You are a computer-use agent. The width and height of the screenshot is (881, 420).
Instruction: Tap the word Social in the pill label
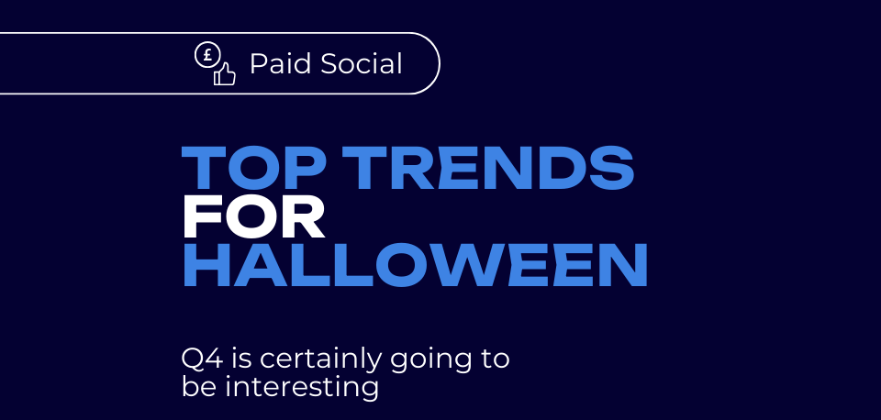pos(362,63)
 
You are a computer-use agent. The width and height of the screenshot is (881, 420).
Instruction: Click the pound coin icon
pos(206,55)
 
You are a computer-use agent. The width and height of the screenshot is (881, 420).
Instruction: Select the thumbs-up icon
pos(224,74)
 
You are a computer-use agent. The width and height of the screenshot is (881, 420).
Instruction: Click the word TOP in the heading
pos(256,167)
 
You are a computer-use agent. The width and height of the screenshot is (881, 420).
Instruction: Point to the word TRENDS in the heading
pos(487,167)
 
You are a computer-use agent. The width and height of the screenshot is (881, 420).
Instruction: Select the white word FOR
pos(253,216)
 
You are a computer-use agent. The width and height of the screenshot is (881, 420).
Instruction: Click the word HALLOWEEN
pos(415,265)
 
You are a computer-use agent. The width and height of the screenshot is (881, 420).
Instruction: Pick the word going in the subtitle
pos(431,360)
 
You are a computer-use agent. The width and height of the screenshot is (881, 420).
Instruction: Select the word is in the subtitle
pos(241,359)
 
